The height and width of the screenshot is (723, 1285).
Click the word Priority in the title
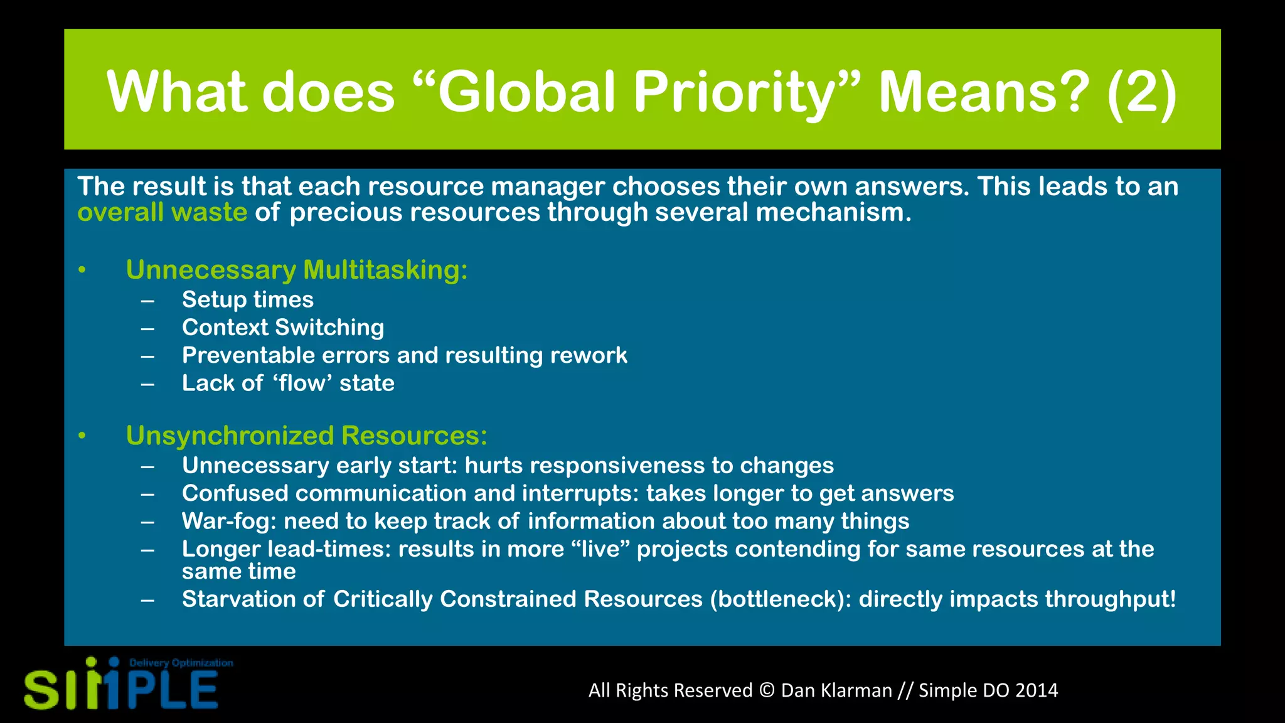[x=740, y=92]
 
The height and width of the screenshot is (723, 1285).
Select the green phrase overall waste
[x=162, y=212]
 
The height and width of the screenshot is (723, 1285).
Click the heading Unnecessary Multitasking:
[x=296, y=270]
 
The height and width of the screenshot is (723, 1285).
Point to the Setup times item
[x=247, y=299]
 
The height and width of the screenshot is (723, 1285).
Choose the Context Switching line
[x=282, y=327]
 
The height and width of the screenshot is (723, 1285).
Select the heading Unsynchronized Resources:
[x=306, y=436]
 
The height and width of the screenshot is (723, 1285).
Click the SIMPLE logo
[x=120, y=688]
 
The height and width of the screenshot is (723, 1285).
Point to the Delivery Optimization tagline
[x=181, y=663]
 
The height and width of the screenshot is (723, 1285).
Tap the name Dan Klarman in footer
[x=836, y=690]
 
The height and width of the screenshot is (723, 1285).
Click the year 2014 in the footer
[x=1037, y=690]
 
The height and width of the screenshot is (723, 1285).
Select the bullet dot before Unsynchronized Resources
[x=82, y=436]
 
